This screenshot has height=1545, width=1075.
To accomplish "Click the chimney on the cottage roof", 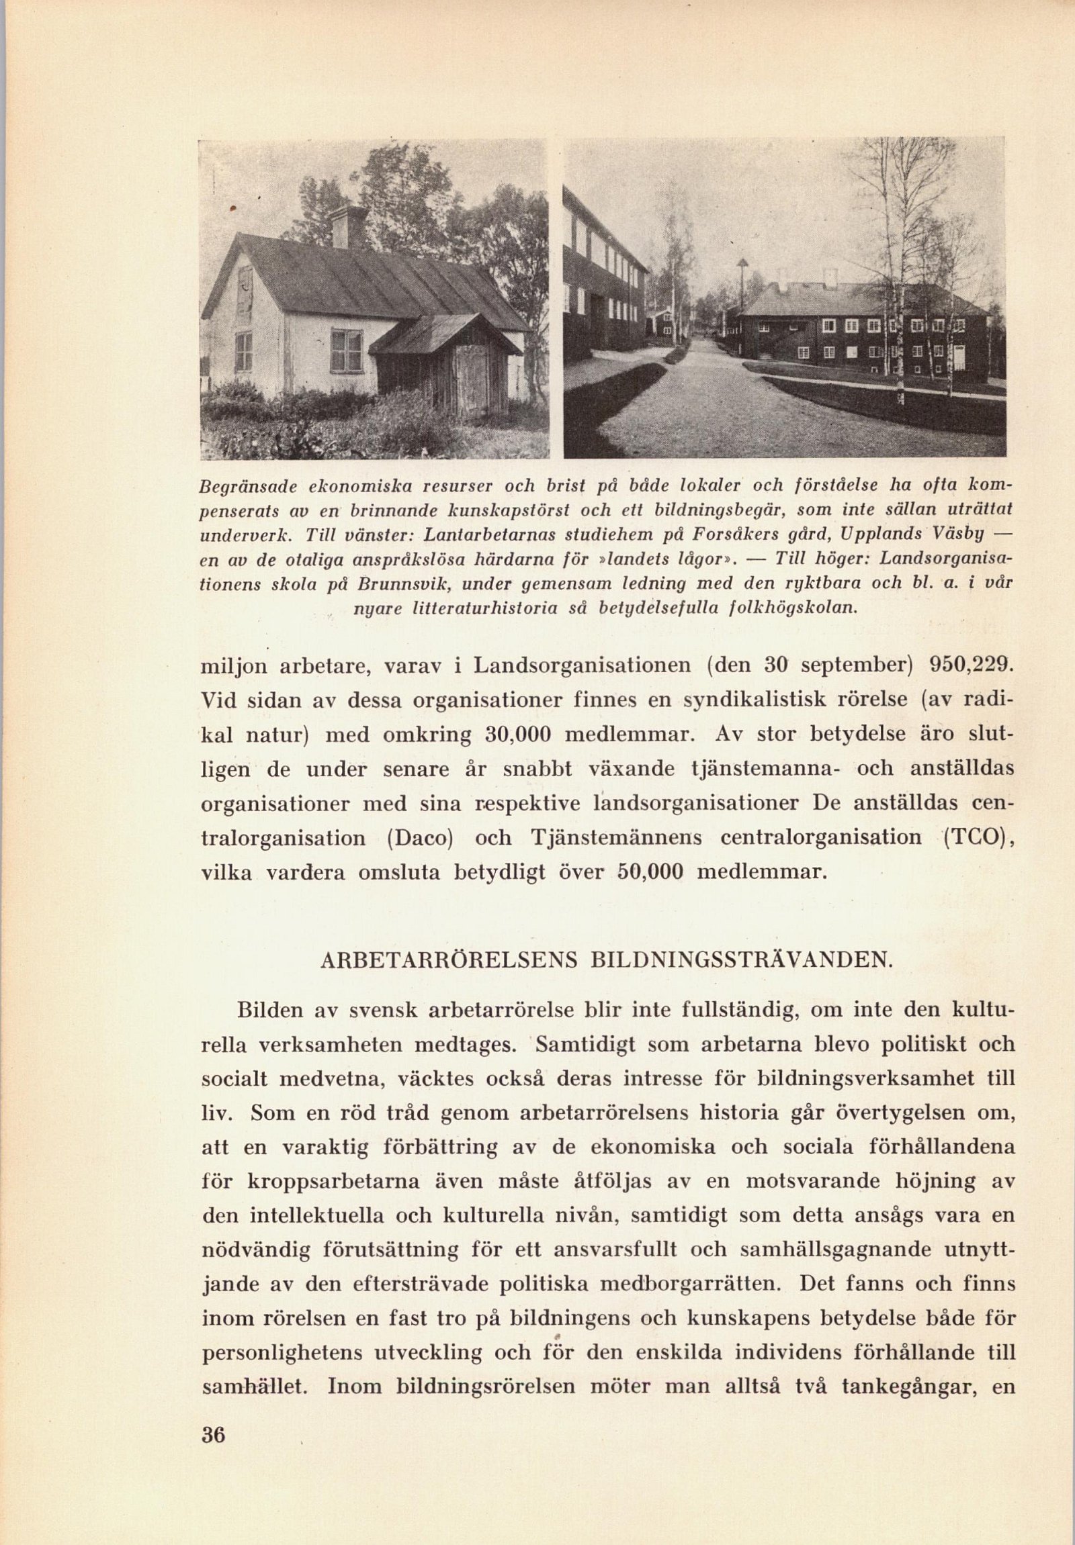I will click(349, 227).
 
